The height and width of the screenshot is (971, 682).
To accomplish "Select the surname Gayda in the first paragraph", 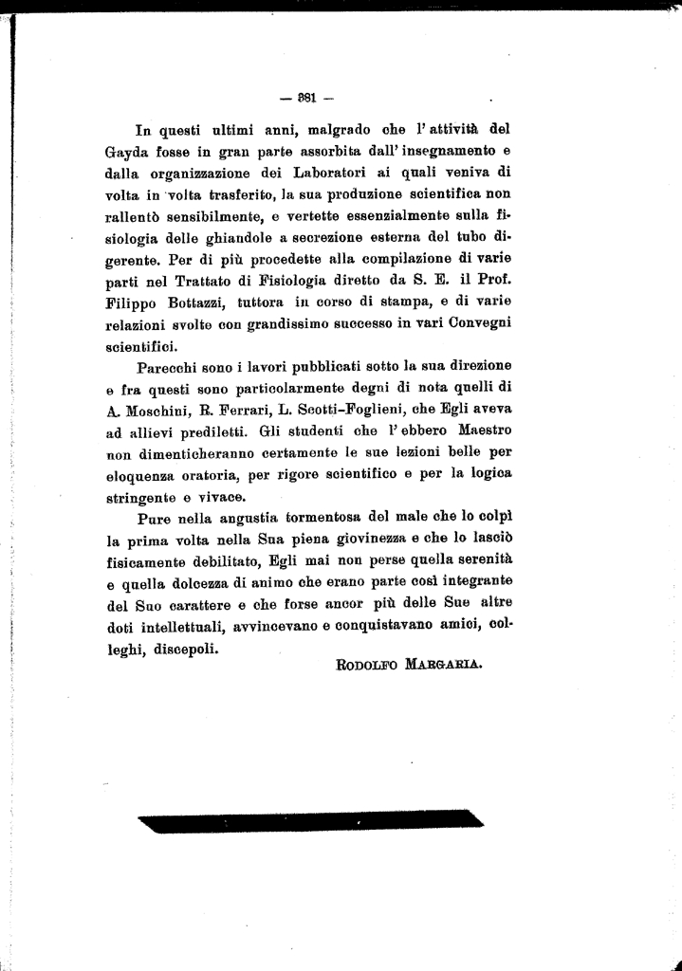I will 129,151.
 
